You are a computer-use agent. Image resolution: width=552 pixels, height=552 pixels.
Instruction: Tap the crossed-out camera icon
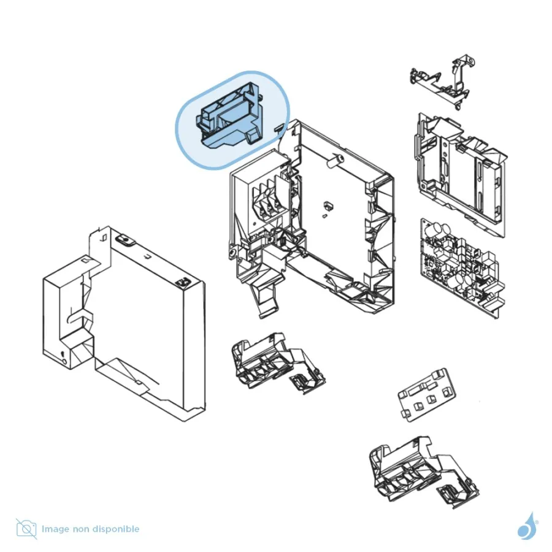(26, 529)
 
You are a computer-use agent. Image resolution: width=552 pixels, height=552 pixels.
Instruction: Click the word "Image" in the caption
(55, 529)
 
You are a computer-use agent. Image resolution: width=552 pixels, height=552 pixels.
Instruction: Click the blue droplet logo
(527, 526)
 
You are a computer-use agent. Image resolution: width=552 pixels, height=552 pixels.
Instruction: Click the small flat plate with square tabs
(427, 395)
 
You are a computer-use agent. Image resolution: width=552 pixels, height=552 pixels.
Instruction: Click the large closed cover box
(124, 324)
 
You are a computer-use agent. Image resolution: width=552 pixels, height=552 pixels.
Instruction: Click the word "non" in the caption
(80, 529)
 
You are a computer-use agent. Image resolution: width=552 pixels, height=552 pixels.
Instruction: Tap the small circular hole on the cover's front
(64, 361)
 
